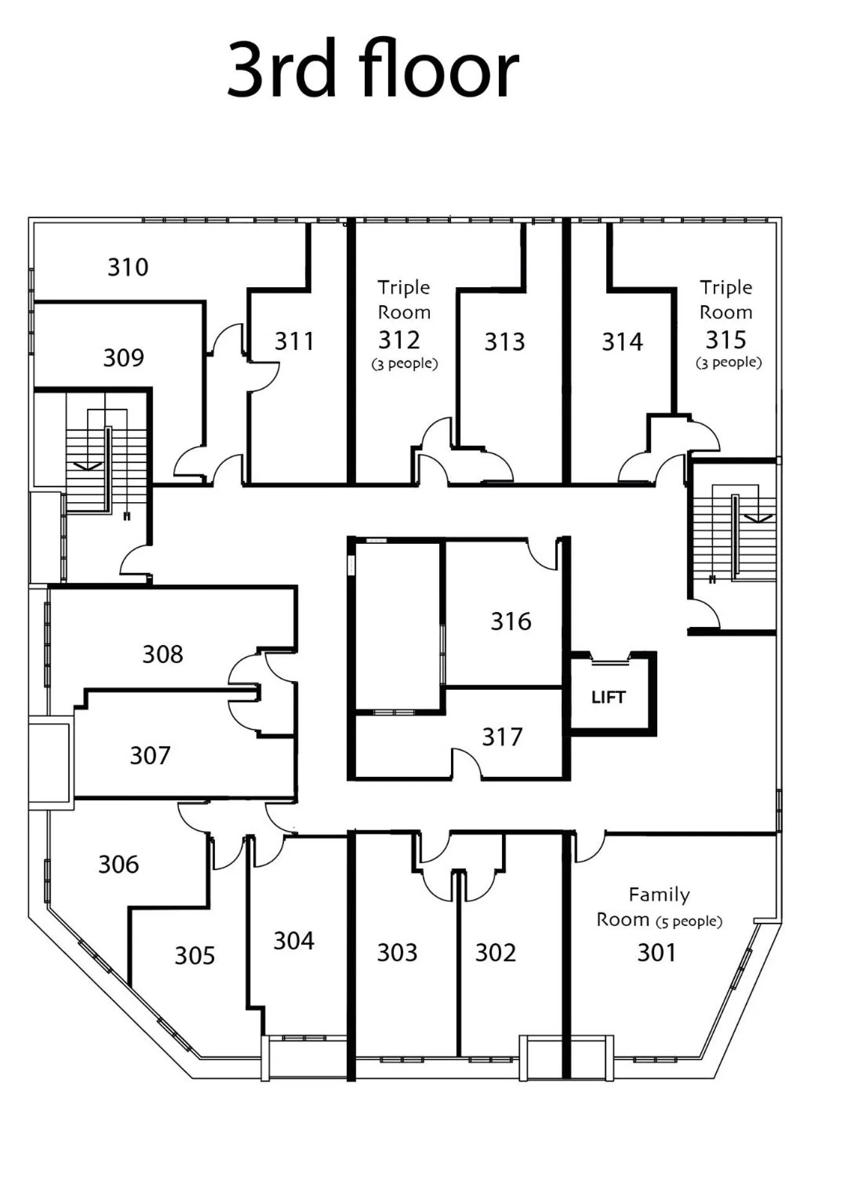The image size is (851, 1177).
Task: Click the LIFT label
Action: pos(608,697)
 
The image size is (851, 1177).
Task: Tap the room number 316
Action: pos(511,621)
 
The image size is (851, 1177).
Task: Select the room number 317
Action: pos(502,737)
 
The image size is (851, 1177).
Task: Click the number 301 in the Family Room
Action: pos(656,953)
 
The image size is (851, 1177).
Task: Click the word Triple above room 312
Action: pos(404,288)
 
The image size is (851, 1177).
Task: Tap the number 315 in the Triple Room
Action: pos(726,340)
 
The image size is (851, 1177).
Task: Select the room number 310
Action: pos(128,267)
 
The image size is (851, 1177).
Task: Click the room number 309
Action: pos(124,358)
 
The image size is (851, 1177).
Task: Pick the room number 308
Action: pos(163,654)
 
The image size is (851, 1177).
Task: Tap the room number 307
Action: pos(150,756)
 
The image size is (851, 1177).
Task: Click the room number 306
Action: pos(119,864)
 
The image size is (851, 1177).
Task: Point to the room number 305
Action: pos(194,956)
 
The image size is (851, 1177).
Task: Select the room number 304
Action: pos(294,941)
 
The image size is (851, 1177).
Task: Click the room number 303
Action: pos(397,953)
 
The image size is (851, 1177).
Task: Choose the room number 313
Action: pos(504,342)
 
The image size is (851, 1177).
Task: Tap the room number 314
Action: pos(622,342)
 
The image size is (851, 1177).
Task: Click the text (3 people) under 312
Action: pos(404,364)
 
